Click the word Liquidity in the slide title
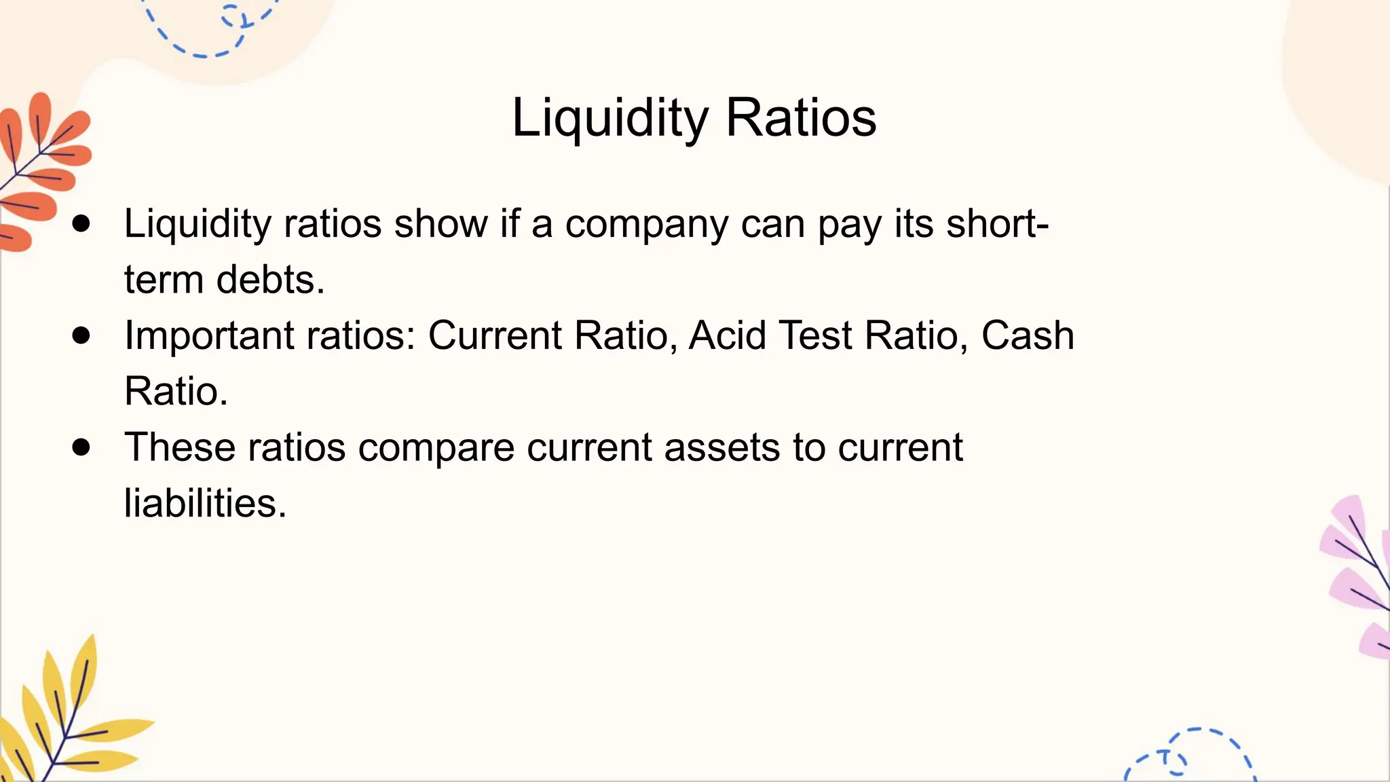[x=609, y=118]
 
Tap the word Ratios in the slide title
[x=801, y=118]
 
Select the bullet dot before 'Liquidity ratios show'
[x=81, y=224]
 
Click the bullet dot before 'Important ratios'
[x=81, y=335]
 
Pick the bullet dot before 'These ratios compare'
[x=81, y=447]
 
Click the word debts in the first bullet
[x=270, y=280]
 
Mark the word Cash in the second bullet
[x=1027, y=336]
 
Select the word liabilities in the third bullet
[x=205, y=503]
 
